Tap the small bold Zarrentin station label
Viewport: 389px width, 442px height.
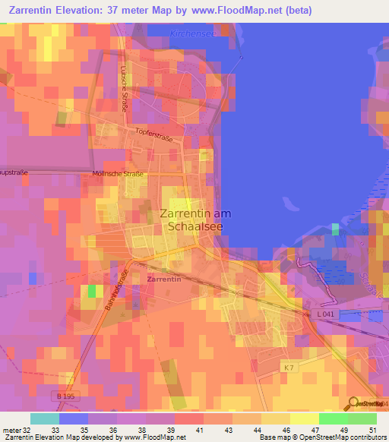pos(160,279)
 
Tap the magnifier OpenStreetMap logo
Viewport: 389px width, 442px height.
pos(355,403)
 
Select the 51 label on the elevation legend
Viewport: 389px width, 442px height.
pos(372,430)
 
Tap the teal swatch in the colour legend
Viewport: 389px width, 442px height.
pos(45,418)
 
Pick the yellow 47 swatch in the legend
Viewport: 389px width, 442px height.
pos(305,418)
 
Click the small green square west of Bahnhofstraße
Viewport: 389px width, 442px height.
pos(92,290)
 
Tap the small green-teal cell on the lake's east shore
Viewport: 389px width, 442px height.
pos(335,229)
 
